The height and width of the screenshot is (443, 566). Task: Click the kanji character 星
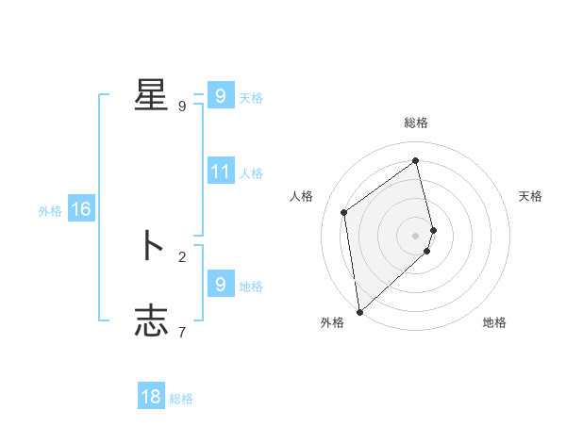(151, 94)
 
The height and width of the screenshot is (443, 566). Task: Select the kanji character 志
(151, 320)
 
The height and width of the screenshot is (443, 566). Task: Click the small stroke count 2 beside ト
(182, 255)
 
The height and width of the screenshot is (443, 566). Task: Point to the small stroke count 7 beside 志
(182, 331)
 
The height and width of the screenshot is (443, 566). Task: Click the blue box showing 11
(221, 172)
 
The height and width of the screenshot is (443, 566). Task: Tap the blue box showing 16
(81, 209)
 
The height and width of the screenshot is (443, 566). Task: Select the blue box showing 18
(151, 397)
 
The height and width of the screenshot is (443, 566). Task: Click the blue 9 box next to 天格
(221, 96)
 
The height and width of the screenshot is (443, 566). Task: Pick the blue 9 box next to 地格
(221, 285)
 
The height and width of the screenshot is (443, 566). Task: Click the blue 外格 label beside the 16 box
(50, 211)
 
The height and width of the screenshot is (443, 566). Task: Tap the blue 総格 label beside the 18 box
(181, 399)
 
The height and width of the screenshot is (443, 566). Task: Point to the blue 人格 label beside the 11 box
(251, 173)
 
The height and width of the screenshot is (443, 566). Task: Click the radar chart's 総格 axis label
(416, 123)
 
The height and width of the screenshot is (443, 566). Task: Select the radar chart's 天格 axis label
(530, 196)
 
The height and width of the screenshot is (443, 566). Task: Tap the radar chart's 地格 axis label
(494, 322)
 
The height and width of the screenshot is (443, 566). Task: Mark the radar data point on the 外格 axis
(359, 311)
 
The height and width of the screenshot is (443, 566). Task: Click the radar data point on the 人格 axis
(344, 212)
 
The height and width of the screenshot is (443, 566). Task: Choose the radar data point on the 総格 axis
(416, 160)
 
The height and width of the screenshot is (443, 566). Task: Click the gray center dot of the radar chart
(416, 235)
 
